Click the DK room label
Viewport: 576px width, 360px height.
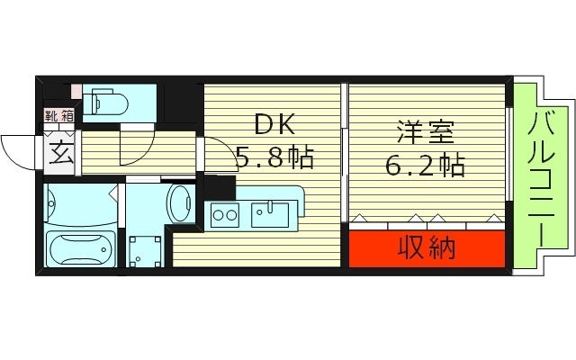[274, 124]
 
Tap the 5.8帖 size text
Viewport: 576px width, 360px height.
[274, 159]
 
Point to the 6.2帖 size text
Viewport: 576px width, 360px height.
[426, 165]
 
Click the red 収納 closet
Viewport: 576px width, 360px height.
[427, 247]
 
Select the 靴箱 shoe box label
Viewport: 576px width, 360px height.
[59, 114]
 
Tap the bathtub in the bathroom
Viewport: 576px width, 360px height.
[81, 248]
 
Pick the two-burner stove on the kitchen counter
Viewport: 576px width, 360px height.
[223, 215]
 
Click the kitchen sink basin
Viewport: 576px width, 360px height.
[270, 214]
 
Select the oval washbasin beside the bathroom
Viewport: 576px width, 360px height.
[179, 202]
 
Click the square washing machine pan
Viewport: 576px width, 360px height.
[144, 251]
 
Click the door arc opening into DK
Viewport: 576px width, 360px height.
[216, 153]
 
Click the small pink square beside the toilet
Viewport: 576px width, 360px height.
[76, 91]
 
